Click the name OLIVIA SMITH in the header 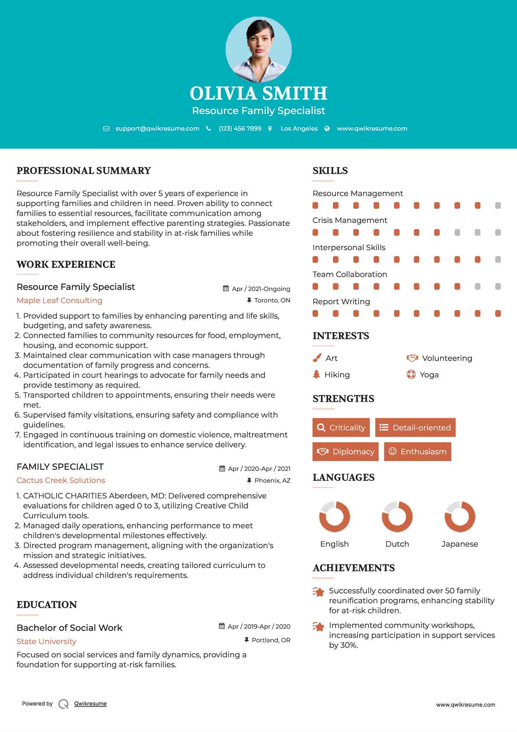(x=258, y=93)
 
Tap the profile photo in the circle (x=258, y=50)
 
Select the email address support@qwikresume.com (x=157, y=129)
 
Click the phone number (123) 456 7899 (x=240, y=129)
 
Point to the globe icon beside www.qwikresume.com (x=327, y=129)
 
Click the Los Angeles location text (x=299, y=129)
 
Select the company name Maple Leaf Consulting (x=60, y=301)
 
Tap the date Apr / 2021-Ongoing (x=261, y=289)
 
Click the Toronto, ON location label (x=272, y=301)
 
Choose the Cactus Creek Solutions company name (x=61, y=480)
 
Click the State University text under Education (x=47, y=642)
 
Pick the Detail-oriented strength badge (x=415, y=427)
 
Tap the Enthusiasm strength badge (x=417, y=452)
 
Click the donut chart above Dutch (x=397, y=516)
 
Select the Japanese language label (x=460, y=544)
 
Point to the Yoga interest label (x=429, y=375)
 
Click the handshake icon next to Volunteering (x=412, y=358)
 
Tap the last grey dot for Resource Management (x=498, y=206)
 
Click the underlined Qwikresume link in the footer (x=90, y=704)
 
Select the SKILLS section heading (x=330, y=171)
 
